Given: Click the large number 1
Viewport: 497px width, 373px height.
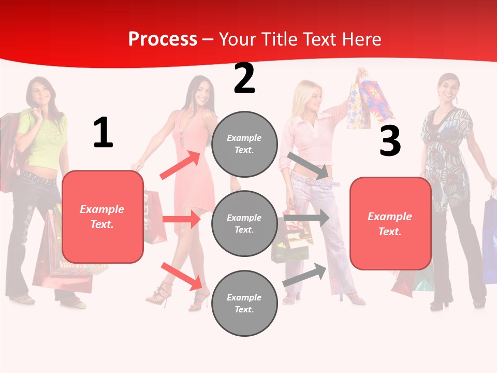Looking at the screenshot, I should click(103, 133).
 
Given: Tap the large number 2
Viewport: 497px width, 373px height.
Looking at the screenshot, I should click(244, 79).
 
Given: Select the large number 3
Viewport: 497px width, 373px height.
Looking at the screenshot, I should click(390, 141).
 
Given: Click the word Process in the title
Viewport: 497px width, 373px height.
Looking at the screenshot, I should click(163, 39).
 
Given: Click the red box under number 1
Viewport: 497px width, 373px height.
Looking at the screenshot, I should click(103, 217).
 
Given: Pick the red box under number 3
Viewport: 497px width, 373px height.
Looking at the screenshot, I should click(390, 224).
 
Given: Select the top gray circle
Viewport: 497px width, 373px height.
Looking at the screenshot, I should click(244, 144).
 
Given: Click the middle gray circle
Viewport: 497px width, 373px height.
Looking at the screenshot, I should click(244, 223).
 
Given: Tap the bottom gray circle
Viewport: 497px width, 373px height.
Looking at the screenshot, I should click(244, 303).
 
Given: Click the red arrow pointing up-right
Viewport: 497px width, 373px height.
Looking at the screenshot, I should click(180, 165).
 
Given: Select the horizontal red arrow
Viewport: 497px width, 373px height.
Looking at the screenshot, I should click(181, 219).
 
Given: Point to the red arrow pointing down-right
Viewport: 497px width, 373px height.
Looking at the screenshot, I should click(181, 276).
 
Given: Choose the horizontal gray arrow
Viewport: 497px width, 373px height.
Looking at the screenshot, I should click(306, 218).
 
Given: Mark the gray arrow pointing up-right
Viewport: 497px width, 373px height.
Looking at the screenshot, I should click(304, 275).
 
